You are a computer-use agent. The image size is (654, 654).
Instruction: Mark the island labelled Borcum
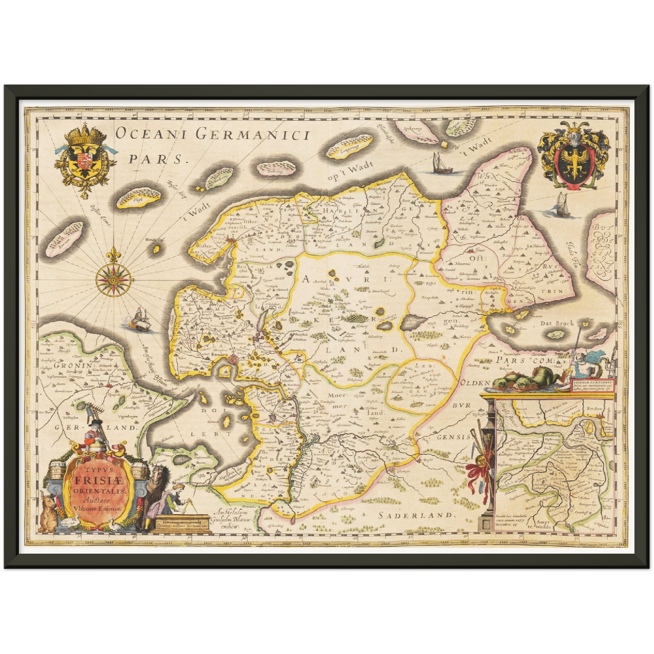66,237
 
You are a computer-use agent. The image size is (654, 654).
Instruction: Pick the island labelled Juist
138,198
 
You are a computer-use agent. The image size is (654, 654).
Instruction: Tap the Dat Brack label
556,323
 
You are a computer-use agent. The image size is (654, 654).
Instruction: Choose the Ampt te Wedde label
543,525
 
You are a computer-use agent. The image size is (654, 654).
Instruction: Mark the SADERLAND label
415,515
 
